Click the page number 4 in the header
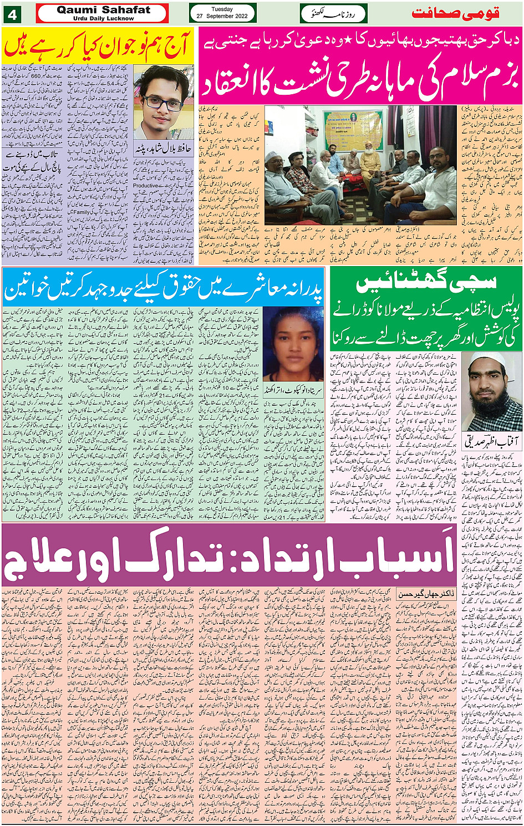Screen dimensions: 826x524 pos(11,13)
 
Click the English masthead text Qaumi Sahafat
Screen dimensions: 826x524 pos(103,10)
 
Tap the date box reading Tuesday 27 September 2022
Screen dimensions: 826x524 pos(222,13)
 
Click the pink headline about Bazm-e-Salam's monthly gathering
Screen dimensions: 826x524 pos(360,77)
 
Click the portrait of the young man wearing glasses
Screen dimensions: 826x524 pos(164,102)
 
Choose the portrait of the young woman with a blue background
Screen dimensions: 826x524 pos(293,344)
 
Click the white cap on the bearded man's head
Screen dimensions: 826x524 pos(487,359)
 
